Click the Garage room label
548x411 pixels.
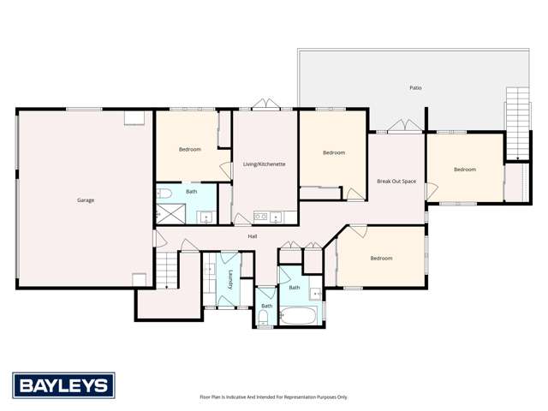tap(86, 200)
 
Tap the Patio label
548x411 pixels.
tap(415, 87)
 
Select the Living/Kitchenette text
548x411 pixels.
tap(264, 164)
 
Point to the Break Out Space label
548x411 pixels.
tap(396, 182)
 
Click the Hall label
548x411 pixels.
tap(253, 236)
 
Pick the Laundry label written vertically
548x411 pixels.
tap(230, 280)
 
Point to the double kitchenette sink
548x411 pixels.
tap(265, 217)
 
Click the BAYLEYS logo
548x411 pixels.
tap(63, 385)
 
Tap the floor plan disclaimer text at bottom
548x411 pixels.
tap(273, 397)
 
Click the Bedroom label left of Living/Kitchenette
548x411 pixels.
tap(189, 150)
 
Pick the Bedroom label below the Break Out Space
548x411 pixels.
tap(381, 258)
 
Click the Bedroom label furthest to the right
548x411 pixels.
tap(464, 170)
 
